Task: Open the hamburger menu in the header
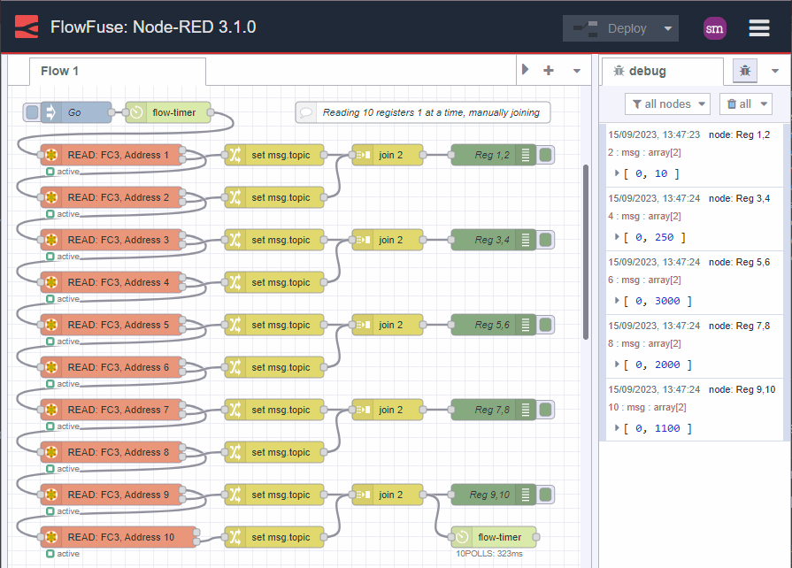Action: (758, 28)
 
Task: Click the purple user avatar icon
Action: (714, 28)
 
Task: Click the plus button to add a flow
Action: (549, 71)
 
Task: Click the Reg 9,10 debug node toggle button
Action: (546, 495)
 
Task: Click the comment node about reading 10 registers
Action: (423, 112)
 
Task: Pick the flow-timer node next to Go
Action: (168, 112)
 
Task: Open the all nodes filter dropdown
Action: (667, 104)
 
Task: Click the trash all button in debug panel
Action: (744, 104)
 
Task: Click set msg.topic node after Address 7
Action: (274, 410)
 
